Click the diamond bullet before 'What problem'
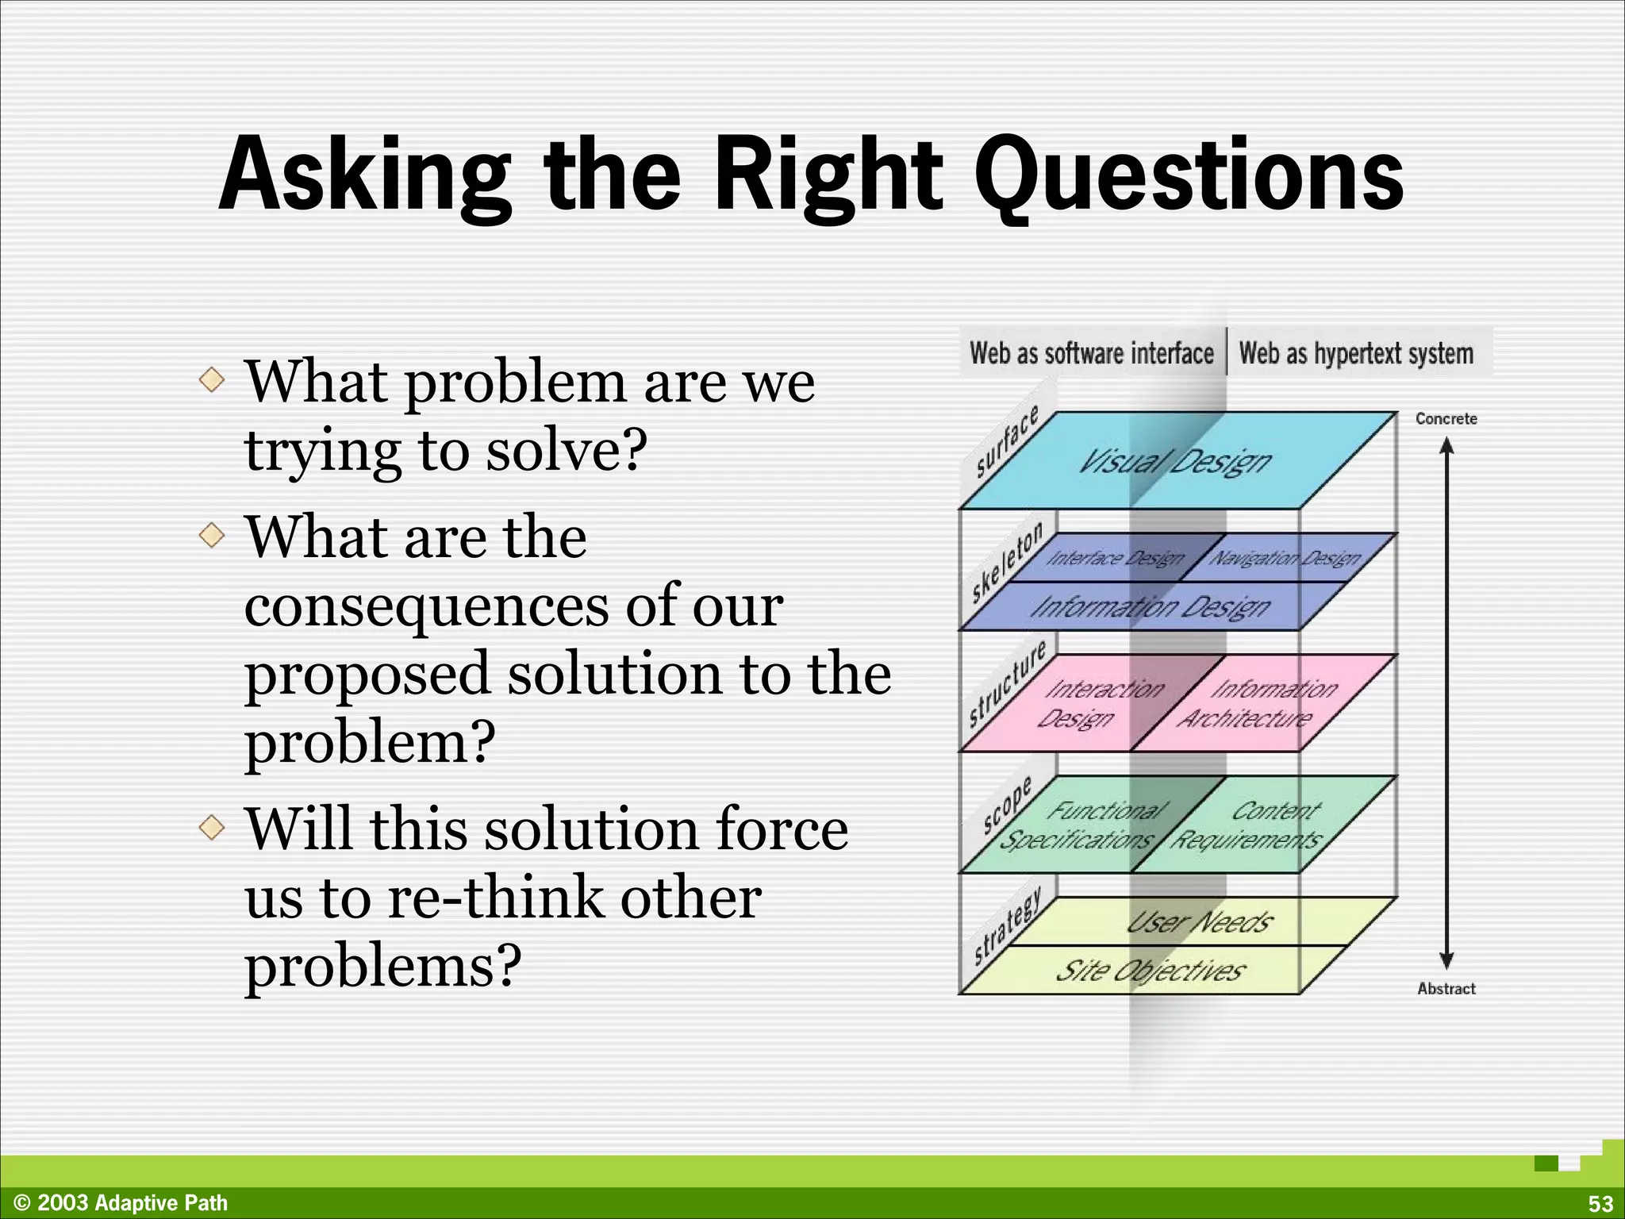pos(212,379)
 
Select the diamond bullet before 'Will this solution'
pos(212,828)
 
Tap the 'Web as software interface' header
pos(1091,353)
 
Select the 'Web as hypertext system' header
pos(1356,353)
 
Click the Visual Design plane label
pos(1174,461)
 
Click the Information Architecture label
pos(1258,703)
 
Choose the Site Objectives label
pos(1151,970)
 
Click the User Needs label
pos(1200,921)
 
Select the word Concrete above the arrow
pos(1446,419)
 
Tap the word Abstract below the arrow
pos(1446,989)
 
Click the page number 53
pos(1600,1203)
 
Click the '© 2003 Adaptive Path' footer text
pos(121,1203)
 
